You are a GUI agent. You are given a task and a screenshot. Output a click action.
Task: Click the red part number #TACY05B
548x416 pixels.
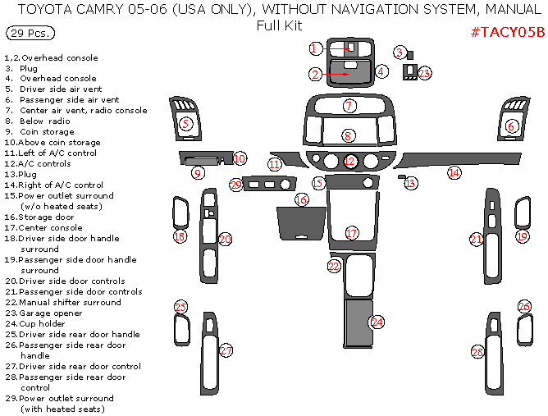[508, 32]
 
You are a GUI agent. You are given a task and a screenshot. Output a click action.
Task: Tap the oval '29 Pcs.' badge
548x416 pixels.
[30, 33]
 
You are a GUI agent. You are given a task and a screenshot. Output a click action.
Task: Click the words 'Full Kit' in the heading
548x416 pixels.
[279, 25]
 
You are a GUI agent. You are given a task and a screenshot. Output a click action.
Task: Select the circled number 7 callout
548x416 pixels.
[349, 106]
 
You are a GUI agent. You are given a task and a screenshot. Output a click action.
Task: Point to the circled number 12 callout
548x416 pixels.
[349, 161]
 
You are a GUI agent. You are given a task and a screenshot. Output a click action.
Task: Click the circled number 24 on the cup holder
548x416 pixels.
[377, 322]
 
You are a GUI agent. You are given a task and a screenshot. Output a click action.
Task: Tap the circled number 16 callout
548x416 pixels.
[301, 199]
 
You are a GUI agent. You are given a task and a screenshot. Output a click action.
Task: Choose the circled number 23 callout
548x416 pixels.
[424, 73]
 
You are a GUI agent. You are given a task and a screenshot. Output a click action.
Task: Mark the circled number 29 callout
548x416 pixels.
[236, 185]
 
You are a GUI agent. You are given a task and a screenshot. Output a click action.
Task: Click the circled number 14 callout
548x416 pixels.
[454, 172]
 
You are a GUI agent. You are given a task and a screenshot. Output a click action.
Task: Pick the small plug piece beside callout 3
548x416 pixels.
[410, 55]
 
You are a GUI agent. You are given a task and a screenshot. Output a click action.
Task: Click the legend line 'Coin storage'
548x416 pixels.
[47, 132]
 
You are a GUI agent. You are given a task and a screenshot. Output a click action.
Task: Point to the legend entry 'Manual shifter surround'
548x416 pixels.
[70, 303]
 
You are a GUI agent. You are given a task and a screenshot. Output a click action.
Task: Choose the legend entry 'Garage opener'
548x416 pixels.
[51, 313]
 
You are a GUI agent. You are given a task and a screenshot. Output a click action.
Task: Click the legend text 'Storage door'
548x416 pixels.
[46, 217]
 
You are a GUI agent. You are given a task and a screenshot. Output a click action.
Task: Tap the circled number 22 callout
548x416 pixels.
[334, 267]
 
